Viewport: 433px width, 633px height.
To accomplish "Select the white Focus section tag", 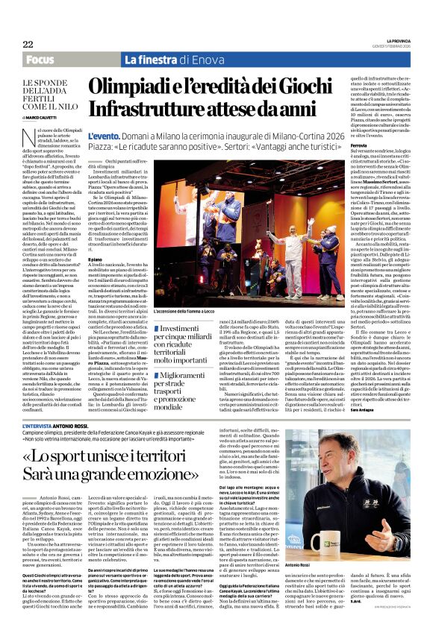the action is click(x=40, y=59).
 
